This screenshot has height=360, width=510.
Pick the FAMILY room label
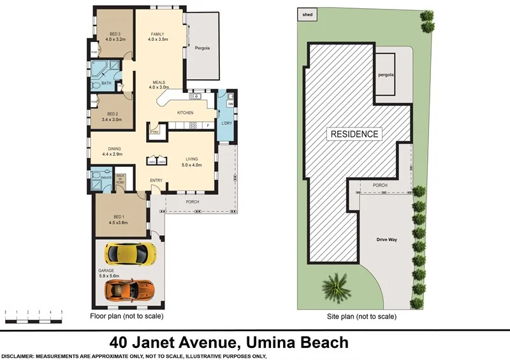158,36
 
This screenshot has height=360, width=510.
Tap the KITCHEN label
185,113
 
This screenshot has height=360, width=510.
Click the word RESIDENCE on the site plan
354,134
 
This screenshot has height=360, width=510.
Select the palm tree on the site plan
335,287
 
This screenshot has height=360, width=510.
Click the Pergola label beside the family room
202,48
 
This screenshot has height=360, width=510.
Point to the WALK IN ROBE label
120,179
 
